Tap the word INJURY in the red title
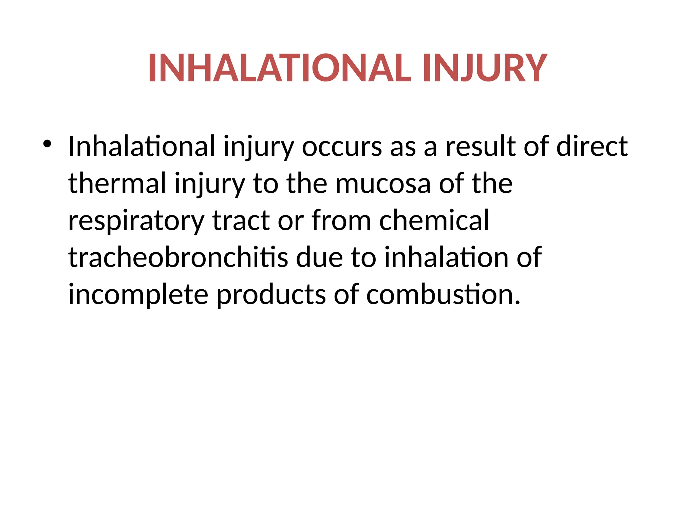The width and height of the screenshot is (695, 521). (x=485, y=68)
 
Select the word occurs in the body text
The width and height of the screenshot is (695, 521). (x=342, y=147)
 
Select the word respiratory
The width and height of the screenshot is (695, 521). (x=136, y=221)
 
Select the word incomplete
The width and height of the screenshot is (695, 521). (x=138, y=294)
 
